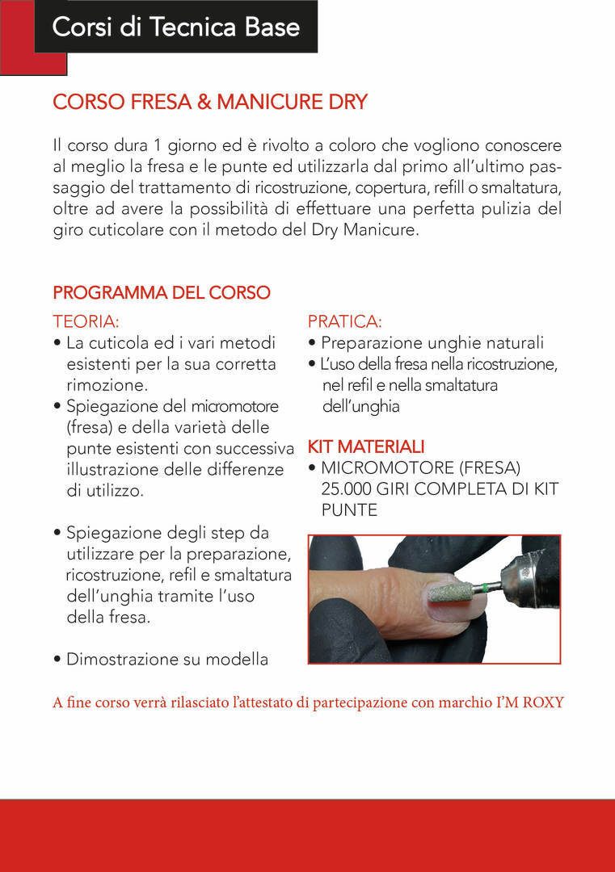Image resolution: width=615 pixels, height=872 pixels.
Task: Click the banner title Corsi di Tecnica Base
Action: [x=176, y=27]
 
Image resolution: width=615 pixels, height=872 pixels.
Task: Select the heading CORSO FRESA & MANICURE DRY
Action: [x=210, y=102]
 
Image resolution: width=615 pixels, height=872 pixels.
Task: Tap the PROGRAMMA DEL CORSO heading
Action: [x=162, y=292]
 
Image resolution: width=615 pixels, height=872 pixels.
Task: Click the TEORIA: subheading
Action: [x=86, y=321]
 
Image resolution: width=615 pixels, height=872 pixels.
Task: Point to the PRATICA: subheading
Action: [x=344, y=321]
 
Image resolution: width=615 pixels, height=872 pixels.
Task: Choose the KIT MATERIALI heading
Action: [x=365, y=446]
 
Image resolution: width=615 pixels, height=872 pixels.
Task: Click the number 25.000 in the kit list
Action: [x=346, y=488]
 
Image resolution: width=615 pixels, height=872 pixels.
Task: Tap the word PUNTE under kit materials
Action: [x=349, y=510]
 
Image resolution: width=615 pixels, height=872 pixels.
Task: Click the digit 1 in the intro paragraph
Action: [x=157, y=145]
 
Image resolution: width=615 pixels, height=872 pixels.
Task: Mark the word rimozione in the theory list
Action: [x=107, y=385]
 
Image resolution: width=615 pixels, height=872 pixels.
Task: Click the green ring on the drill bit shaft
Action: [x=487, y=589]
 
